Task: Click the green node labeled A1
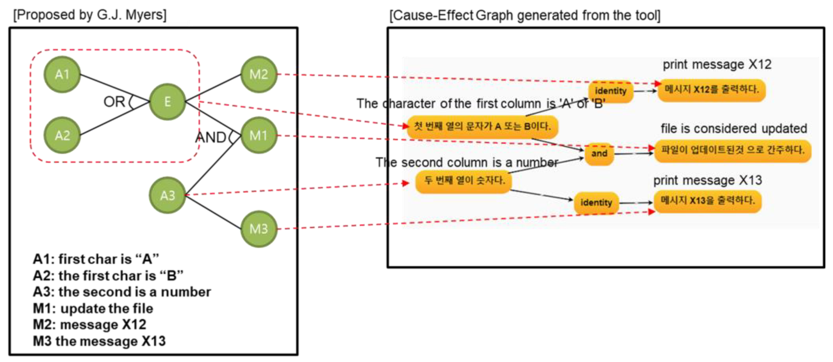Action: [x=62, y=75]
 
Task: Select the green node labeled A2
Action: [x=62, y=135]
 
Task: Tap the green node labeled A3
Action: [x=167, y=195]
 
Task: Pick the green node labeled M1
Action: [x=259, y=135]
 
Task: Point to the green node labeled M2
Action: [x=259, y=75]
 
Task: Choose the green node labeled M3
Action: [x=259, y=229]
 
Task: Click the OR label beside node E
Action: [x=114, y=102]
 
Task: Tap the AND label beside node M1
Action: [x=211, y=137]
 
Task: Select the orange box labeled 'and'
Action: [x=599, y=153]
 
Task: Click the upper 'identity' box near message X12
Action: [x=610, y=91]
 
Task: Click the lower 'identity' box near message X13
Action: [x=596, y=203]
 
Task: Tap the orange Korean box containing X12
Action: [x=711, y=90]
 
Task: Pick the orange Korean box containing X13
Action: [x=708, y=201]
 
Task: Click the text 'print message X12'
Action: [x=717, y=64]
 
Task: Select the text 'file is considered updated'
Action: [x=734, y=128]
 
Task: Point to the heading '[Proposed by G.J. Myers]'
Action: [x=90, y=15]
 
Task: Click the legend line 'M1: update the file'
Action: [x=93, y=308]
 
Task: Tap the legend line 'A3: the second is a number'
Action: [x=122, y=292]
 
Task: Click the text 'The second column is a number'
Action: [x=467, y=162]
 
